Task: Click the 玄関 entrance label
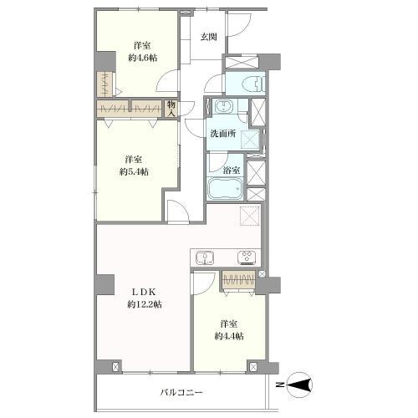(x=209, y=37)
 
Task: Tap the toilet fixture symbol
(x=252, y=84)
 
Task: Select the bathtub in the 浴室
(x=225, y=188)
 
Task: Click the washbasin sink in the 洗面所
(x=224, y=106)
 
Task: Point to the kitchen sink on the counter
(x=205, y=257)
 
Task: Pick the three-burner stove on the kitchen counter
(x=247, y=257)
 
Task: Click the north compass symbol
(x=298, y=385)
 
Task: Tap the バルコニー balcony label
(x=181, y=393)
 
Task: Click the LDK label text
(x=143, y=292)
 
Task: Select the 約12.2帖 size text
(x=145, y=304)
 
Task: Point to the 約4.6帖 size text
(x=143, y=58)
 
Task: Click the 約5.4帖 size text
(x=134, y=172)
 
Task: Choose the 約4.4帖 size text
(x=229, y=336)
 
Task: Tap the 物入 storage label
(x=171, y=109)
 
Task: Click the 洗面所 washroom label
(x=223, y=134)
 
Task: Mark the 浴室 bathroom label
(x=232, y=171)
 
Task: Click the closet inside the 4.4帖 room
(x=238, y=279)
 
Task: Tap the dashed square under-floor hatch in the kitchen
(x=250, y=216)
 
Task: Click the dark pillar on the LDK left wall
(x=104, y=284)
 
